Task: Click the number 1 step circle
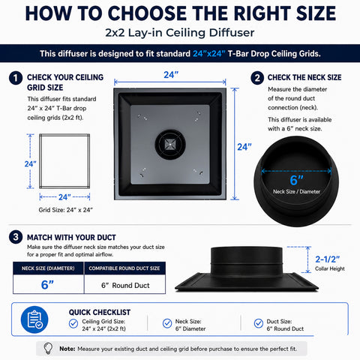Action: (16, 78)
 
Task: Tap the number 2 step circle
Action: (257, 78)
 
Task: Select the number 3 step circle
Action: (16, 237)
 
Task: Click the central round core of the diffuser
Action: (170, 144)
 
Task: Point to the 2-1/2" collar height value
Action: (327, 259)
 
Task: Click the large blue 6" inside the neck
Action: (296, 180)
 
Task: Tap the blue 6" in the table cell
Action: (47, 284)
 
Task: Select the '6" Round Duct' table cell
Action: (125, 284)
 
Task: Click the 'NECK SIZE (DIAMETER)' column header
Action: (48, 268)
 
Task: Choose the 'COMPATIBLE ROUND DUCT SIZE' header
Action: (124, 268)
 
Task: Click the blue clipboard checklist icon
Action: (34, 319)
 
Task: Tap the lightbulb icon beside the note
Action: (48, 349)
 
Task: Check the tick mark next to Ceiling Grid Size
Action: (73, 323)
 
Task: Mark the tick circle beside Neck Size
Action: (167, 323)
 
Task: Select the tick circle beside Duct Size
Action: (259, 323)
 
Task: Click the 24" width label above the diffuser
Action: (171, 75)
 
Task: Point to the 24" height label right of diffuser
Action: (244, 147)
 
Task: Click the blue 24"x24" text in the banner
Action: (209, 54)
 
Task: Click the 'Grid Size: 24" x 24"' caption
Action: (65, 210)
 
